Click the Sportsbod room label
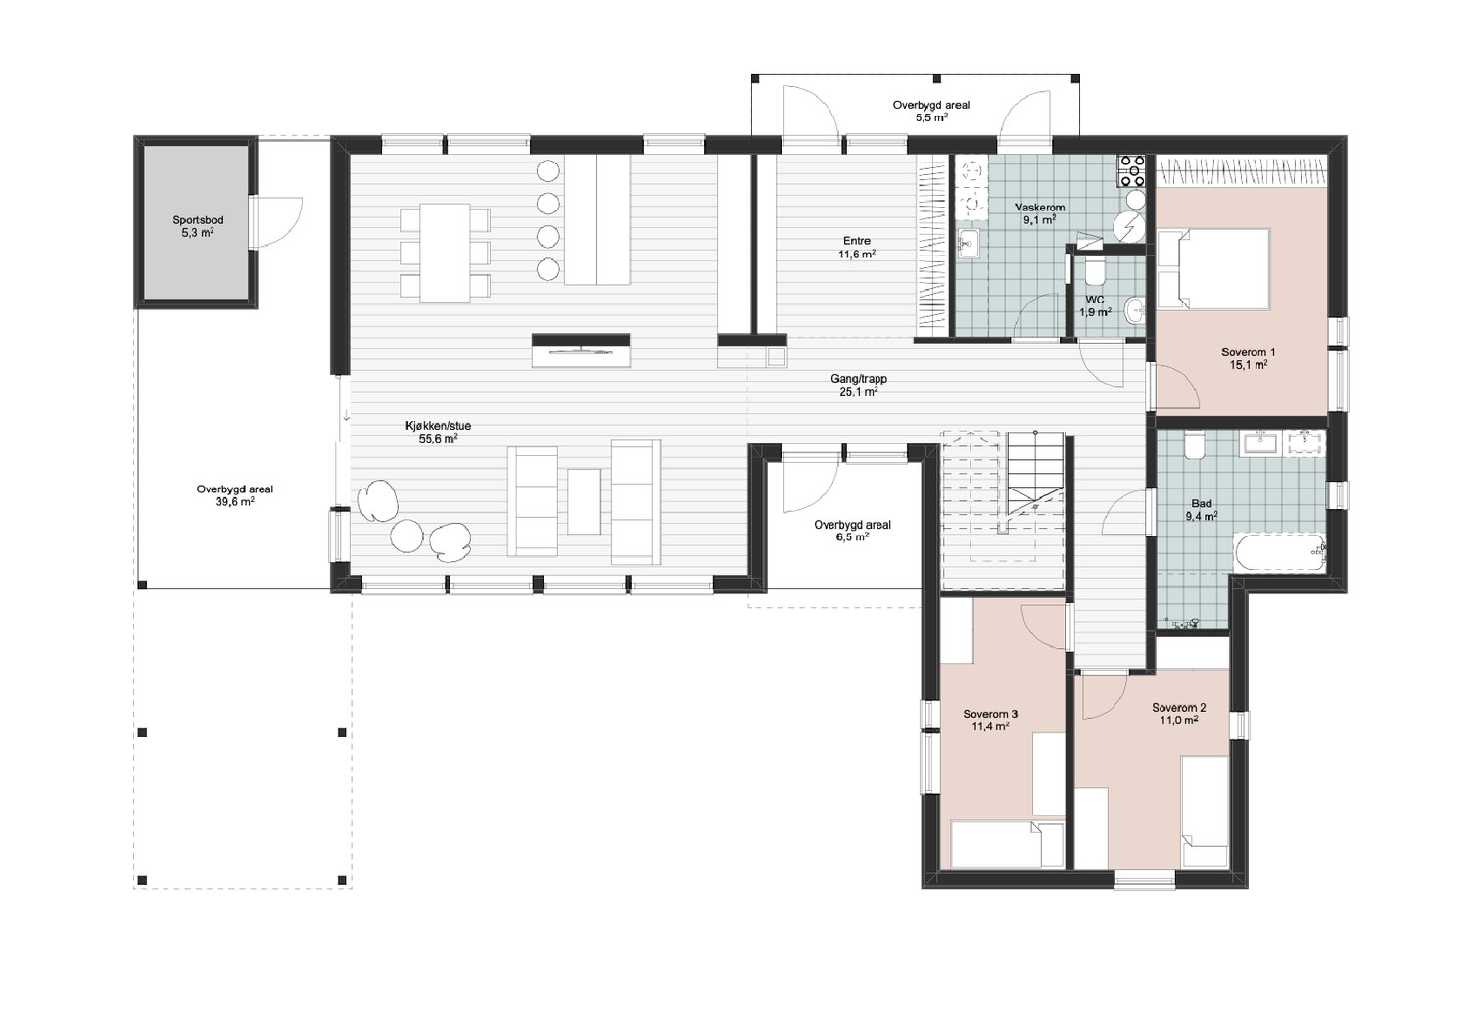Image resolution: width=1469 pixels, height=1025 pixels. click(198, 220)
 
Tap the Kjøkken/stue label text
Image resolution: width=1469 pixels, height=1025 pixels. click(438, 426)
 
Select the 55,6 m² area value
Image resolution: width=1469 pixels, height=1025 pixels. click(438, 439)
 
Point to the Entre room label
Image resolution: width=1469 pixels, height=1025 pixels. click(857, 241)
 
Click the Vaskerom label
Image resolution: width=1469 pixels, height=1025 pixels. click(1039, 208)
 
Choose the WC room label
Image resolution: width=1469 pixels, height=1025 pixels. click(1095, 301)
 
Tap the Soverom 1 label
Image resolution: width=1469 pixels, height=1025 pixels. click(1248, 352)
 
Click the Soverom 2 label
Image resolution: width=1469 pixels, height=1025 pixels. click(1178, 708)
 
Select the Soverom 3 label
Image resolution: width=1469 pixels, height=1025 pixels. click(990, 714)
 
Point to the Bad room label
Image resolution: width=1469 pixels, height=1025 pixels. click(1202, 503)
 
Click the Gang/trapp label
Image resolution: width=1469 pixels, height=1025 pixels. click(859, 379)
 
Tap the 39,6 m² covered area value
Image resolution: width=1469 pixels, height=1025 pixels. click(235, 502)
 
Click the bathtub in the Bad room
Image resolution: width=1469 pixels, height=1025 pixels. click(1279, 552)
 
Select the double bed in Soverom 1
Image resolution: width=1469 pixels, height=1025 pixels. click(1214, 268)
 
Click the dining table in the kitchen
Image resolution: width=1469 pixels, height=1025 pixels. click(445, 253)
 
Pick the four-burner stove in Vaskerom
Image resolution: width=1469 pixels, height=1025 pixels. click(1131, 171)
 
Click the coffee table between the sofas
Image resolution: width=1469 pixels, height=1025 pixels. click(584, 501)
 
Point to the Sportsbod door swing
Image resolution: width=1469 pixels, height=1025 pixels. click(275, 223)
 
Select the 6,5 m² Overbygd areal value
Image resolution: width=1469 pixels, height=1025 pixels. click(853, 536)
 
